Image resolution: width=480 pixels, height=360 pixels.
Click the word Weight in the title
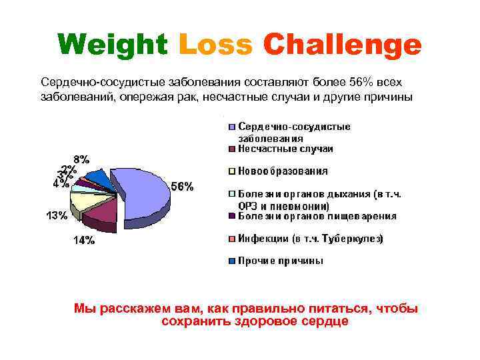click(111, 45)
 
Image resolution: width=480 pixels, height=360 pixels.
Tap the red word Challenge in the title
click(342, 45)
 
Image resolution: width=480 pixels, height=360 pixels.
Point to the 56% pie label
click(183, 187)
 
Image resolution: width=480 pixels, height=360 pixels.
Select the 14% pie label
click(83, 241)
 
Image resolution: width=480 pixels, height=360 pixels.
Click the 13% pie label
click(56, 215)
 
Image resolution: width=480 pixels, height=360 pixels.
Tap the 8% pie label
click(81, 159)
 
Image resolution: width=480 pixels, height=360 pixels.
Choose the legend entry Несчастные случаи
click(285, 149)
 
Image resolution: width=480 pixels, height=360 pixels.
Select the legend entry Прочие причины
click(281, 261)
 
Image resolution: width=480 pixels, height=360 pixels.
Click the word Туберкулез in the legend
click(356, 238)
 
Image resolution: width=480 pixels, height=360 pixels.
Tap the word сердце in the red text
click(327, 321)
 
